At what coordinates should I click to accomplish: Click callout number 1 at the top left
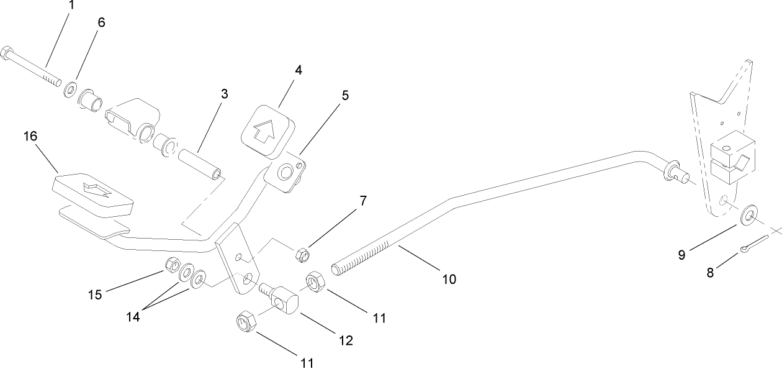[x=71, y=6]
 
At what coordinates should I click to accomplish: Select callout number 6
[x=101, y=22]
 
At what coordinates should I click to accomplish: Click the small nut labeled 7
[x=303, y=254]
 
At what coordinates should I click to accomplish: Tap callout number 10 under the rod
[x=449, y=280]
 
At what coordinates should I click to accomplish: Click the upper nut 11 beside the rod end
[x=315, y=281]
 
